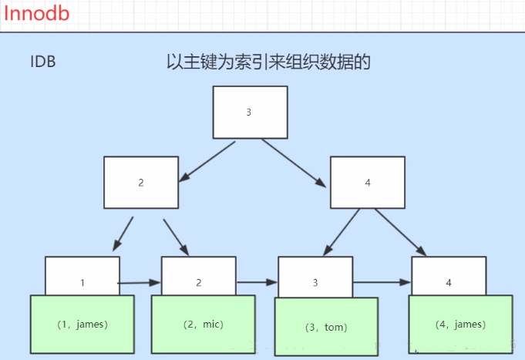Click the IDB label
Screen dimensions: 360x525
pyautogui.click(x=43, y=62)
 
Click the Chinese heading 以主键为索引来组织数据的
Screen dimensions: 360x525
pyautogui.click(x=269, y=62)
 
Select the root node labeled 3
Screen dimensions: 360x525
pyautogui.click(x=249, y=112)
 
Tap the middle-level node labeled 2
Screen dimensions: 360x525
pyautogui.click(x=141, y=183)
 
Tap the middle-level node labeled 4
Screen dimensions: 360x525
pyautogui.click(x=368, y=183)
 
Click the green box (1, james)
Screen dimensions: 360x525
pyautogui.click(x=82, y=325)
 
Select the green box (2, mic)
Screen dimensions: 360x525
pyautogui.click(x=198, y=325)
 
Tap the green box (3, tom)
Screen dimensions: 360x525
pyautogui.click(x=326, y=327)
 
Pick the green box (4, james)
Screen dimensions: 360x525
pyautogui.click(x=459, y=325)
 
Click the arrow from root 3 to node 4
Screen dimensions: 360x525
pyautogui.click(x=294, y=163)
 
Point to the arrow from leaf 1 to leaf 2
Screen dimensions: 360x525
pyautogui.click(x=140, y=284)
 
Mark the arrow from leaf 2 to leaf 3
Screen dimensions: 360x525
pyautogui.click(x=256, y=283)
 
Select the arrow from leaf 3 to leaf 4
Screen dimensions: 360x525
pyautogui.click(x=381, y=283)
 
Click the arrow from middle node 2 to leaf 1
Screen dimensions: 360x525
pyautogui.click(x=123, y=234)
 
